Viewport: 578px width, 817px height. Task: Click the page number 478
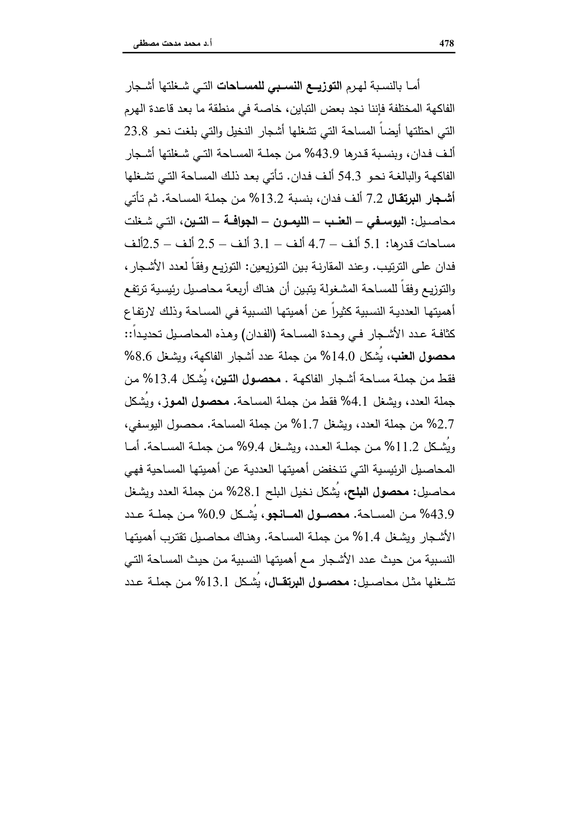click(x=447, y=44)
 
